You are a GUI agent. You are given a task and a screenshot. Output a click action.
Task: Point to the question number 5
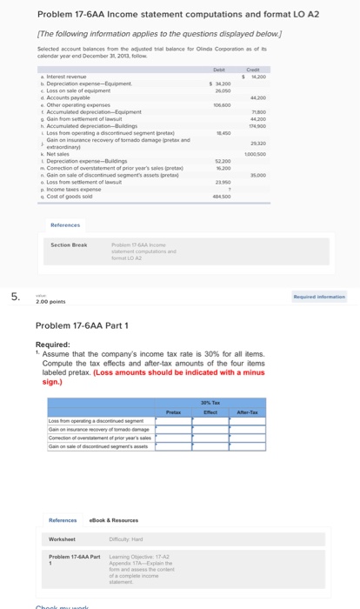click(x=15, y=298)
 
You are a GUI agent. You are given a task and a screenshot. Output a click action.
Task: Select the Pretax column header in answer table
click(x=172, y=411)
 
